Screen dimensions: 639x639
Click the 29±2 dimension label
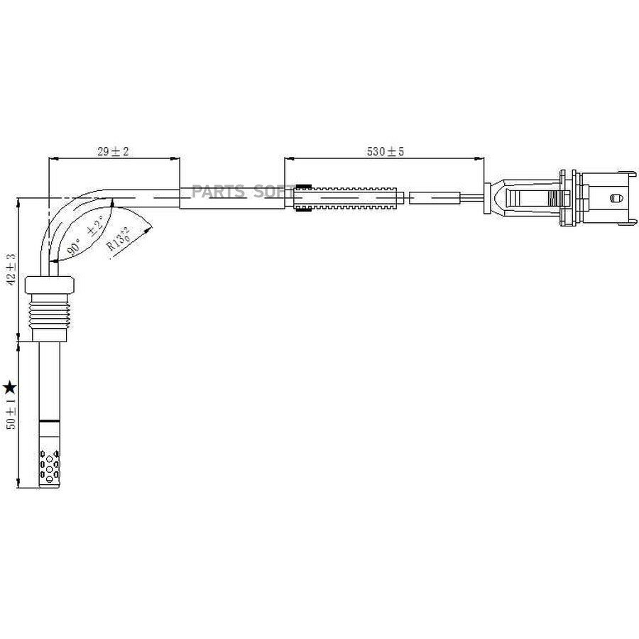[x=113, y=152]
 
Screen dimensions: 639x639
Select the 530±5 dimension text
[x=385, y=152]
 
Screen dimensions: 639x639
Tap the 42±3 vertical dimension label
[x=11, y=269]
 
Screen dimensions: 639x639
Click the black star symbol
[x=9, y=388]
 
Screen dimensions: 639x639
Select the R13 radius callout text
[x=119, y=239]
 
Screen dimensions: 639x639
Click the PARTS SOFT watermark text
[x=244, y=191]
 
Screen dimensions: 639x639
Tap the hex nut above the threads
[x=49, y=285]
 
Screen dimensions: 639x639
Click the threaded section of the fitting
[x=49, y=310]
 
